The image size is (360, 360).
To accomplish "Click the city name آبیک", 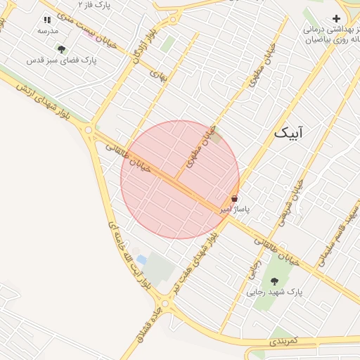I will (290, 132).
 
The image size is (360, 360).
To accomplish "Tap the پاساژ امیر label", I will (234, 210).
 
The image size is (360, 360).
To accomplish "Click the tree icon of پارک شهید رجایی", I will (274, 281).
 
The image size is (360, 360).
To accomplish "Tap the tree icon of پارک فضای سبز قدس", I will (62, 49).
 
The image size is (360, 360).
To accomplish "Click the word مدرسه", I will (47, 32).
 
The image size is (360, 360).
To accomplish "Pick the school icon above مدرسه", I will (47, 21).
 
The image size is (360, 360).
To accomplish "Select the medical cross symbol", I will (336, 18).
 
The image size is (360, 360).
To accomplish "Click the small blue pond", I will (141, 260).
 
